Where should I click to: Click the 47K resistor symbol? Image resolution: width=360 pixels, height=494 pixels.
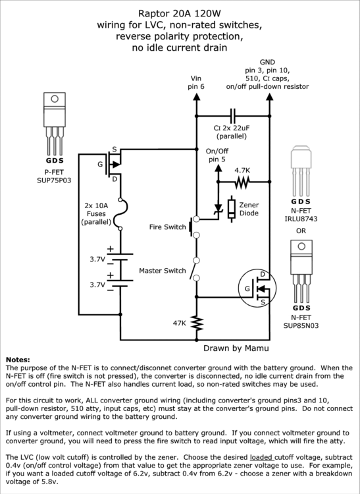click(x=196, y=323)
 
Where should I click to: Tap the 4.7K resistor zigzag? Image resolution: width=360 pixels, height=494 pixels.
click(x=242, y=182)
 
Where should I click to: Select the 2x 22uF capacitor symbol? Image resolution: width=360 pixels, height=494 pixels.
click(x=233, y=116)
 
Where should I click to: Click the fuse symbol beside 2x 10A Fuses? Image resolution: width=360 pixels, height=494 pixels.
click(x=122, y=214)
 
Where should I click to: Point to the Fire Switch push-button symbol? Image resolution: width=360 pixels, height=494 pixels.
click(x=193, y=227)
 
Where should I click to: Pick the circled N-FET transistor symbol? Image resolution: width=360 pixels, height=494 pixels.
click(x=257, y=288)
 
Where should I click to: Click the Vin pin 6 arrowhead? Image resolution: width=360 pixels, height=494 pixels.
click(x=196, y=96)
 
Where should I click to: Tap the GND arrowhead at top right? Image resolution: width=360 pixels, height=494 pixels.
click(x=269, y=96)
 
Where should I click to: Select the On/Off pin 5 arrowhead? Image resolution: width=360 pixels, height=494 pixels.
click(x=218, y=168)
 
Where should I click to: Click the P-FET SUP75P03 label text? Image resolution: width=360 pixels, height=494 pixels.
click(x=54, y=177)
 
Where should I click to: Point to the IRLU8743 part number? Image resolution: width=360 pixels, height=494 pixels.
click(x=301, y=219)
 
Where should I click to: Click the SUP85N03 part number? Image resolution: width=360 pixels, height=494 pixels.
click(x=301, y=325)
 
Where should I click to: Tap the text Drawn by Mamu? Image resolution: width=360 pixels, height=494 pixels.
click(x=236, y=348)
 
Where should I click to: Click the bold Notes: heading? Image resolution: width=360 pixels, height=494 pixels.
click(x=18, y=360)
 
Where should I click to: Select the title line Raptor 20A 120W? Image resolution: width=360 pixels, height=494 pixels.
click(x=180, y=14)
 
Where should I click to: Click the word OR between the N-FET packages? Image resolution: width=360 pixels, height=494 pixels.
click(x=301, y=231)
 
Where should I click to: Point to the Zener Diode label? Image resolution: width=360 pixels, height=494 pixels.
click(x=249, y=209)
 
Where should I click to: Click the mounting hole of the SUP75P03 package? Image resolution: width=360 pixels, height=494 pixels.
click(x=55, y=99)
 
